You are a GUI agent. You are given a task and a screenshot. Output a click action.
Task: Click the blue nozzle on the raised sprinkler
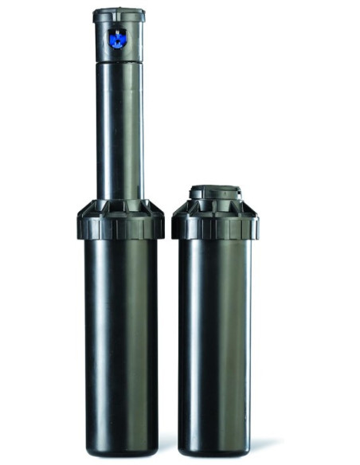118,39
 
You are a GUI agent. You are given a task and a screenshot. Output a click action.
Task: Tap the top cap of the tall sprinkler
119,14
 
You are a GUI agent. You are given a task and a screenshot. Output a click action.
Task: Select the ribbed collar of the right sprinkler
215,224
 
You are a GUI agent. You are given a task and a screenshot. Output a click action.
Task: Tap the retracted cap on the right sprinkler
214,193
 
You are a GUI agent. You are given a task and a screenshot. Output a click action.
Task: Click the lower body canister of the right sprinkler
215,342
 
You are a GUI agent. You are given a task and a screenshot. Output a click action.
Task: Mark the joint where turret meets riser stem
119,61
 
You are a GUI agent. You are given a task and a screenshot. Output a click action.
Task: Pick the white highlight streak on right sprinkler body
188,334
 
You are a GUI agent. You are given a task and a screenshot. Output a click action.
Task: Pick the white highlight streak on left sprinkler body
94,334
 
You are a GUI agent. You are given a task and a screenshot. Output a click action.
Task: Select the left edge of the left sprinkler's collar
79,223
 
